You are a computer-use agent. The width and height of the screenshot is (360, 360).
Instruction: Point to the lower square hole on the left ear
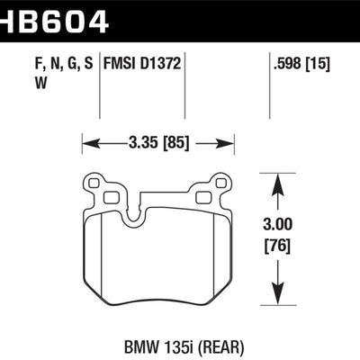[x=110, y=196]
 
